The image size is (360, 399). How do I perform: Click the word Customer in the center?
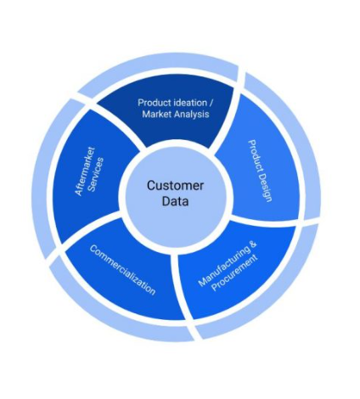[x=175, y=186]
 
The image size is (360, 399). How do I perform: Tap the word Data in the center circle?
[x=175, y=201]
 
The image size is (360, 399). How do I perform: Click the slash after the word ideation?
[x=211, y=103]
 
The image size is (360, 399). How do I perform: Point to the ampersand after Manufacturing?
[x=253, y=244]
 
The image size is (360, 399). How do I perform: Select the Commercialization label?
[x=122, y=270]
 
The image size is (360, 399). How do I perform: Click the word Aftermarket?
[x=85, y=171]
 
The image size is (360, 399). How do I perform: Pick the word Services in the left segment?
[x=96, y=175]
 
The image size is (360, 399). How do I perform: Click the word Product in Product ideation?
[x=154, y=103]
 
